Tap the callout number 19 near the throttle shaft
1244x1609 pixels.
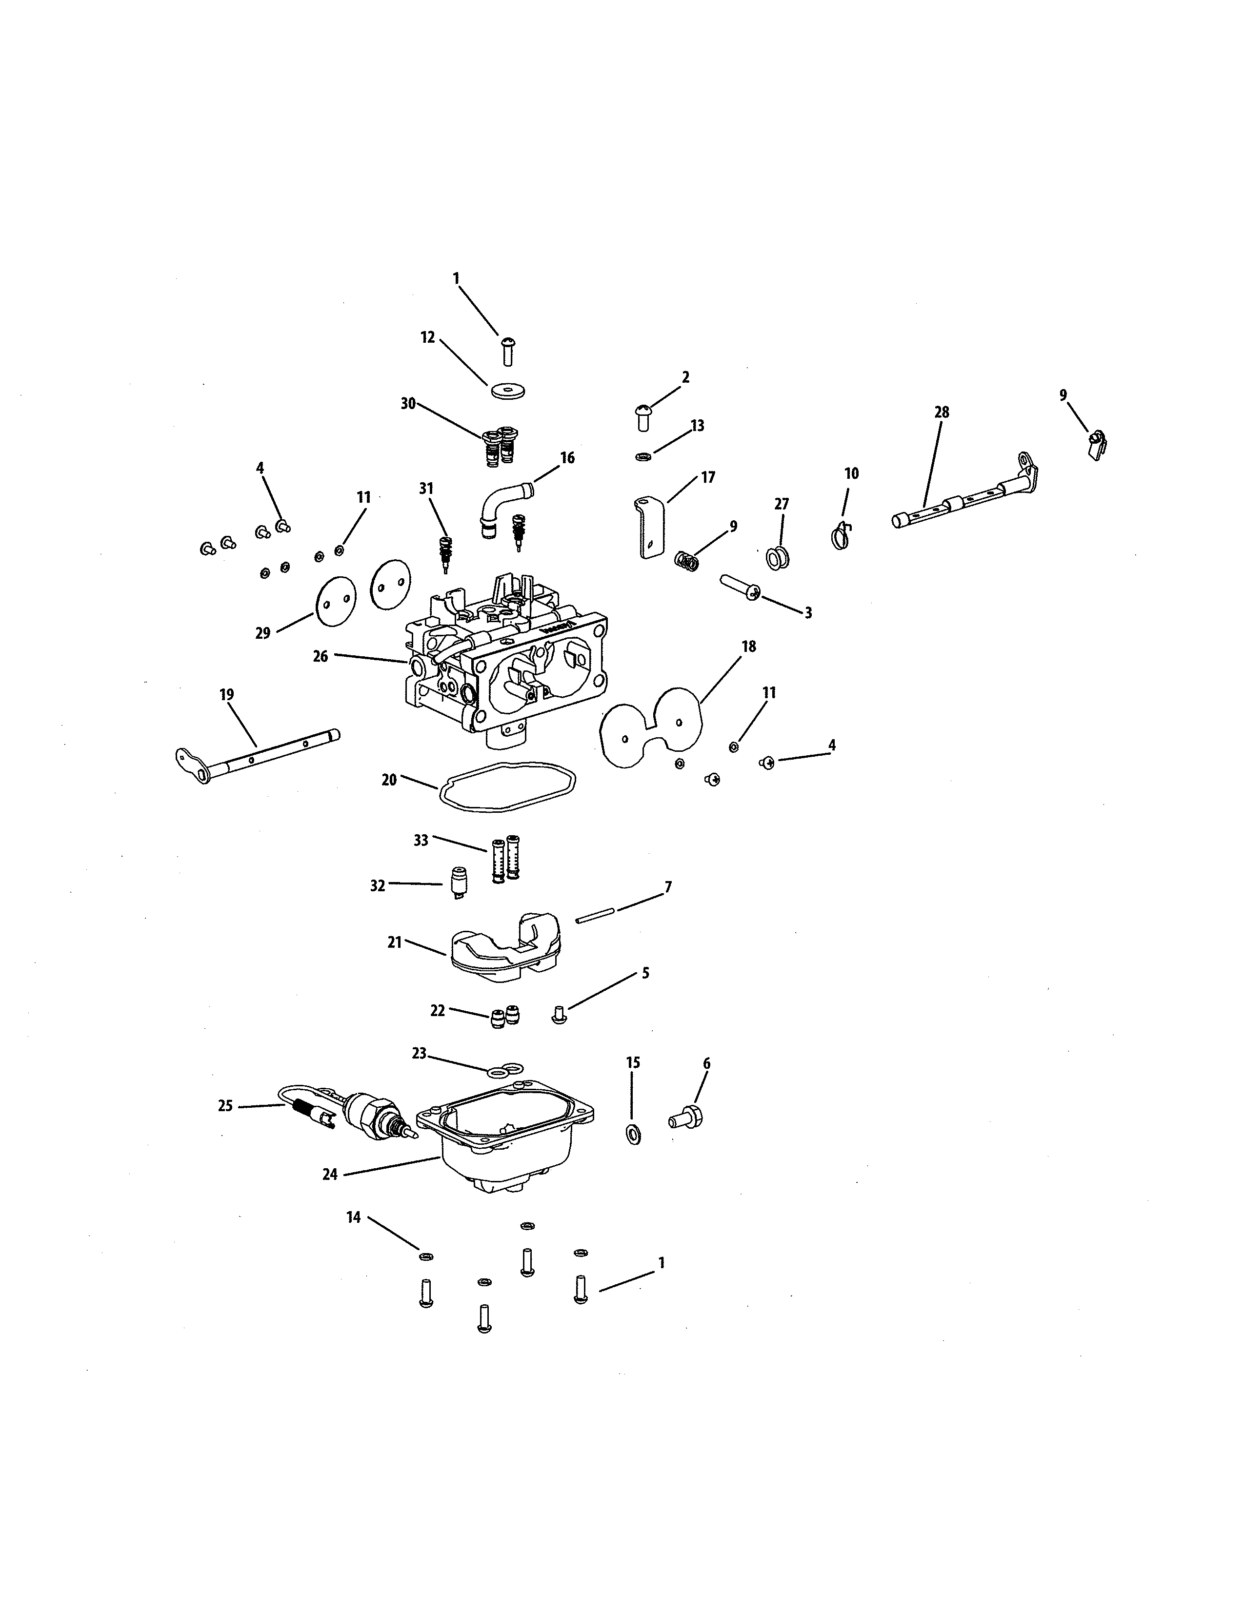pos(226,695)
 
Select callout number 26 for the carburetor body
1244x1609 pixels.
pos(320,656)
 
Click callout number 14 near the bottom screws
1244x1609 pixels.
pos(354,1218)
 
